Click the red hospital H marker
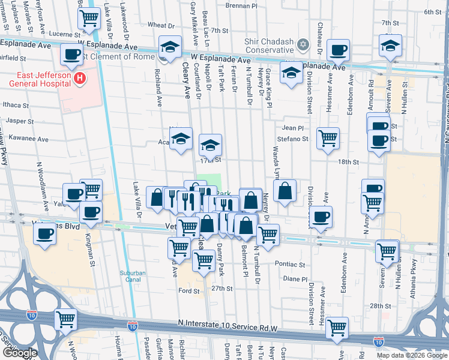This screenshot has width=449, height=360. click(x=79, y=78)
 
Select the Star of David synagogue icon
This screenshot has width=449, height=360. click(x=303, y=45)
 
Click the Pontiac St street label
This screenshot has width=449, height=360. click(x=290, y=264)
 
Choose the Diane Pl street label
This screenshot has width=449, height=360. click(x=295, y=279)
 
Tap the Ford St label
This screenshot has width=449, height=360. click(x=188, y=291)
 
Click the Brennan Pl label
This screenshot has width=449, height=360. click(x=241, y=5)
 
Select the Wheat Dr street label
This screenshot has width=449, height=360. click(x=160, y=25)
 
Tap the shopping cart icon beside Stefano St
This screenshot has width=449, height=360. click(x=328, y=139)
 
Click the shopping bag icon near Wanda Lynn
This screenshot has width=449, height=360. click(x=286, y=191)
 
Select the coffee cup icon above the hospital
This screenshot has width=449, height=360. click(x=71, y=55)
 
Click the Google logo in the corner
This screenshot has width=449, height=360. click(x=19, y=353)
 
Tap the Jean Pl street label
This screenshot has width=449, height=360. click(x=293, y=128)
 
